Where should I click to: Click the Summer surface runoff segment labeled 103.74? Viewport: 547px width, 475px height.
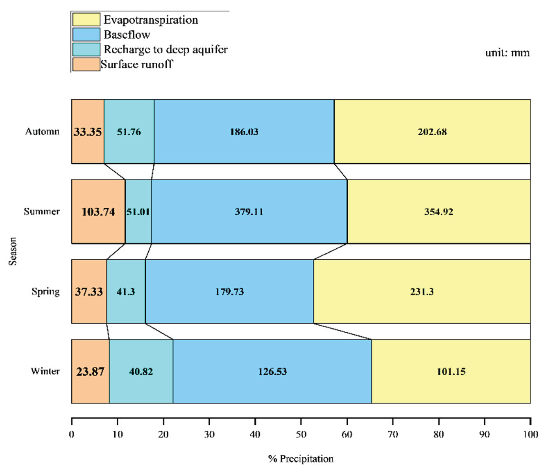(x=98, y=212)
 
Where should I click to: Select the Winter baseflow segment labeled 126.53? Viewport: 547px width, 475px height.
(x=272, y=372)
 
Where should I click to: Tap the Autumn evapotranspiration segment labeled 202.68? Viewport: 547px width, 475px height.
(x=432, y=132)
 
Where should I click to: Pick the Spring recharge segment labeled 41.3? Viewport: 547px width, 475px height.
(x=126, y=292)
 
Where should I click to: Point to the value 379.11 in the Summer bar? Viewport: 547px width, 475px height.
(x=249, y=212)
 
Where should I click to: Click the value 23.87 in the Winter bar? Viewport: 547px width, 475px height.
(x=90, y=372)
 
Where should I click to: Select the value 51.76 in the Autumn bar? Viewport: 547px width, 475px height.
(x=129, y=132)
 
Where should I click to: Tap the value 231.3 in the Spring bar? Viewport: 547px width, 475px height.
(x=422, y=292)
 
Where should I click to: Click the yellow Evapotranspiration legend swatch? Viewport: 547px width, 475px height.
(x=86, y=20)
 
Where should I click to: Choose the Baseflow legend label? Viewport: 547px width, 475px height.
(x=127, y=35)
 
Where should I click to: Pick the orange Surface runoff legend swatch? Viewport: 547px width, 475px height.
(x=86, y=64)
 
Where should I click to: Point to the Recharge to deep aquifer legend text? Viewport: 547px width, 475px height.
(x=166, y=49)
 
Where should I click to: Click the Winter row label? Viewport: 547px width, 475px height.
(x=45, y=371)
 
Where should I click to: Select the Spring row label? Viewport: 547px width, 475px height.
(x=46, y=292)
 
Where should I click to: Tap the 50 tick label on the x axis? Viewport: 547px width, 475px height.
(x=301, y=434)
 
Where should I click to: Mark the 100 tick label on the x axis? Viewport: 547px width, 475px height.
(x=530, y=434)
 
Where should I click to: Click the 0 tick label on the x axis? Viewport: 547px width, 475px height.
(x=72, y=434)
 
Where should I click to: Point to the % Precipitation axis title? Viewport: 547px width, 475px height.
(x=301, y=459)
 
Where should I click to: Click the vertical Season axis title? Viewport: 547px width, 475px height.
(x=13, y=251)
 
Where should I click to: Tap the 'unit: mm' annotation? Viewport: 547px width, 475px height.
(x=507, y=53)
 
